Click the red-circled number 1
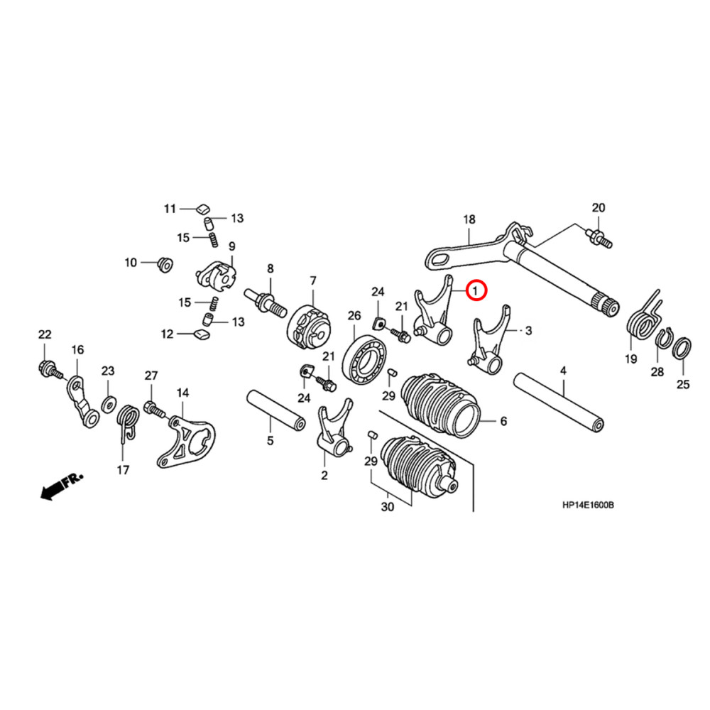[x=476, y=290]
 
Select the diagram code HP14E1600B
[x=587, y=506]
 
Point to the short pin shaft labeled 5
[x=276, y=412]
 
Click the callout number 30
[x=387, y=508]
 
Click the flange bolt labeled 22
[x=47, y=368]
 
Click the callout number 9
[x=231, y=246]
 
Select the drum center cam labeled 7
[x=308, y=325]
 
